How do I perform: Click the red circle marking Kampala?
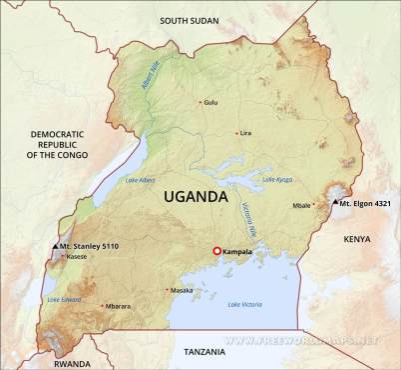(216, 251)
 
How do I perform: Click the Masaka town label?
(182, 290)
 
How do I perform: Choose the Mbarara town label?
(118, 306)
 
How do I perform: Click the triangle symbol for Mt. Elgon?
(334, 203)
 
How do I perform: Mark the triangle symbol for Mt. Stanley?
(54, 245)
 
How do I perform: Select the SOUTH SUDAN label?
(189, 20)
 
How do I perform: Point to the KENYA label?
(356, 239)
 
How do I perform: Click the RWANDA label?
(72, 364)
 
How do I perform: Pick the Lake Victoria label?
(246, 304)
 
